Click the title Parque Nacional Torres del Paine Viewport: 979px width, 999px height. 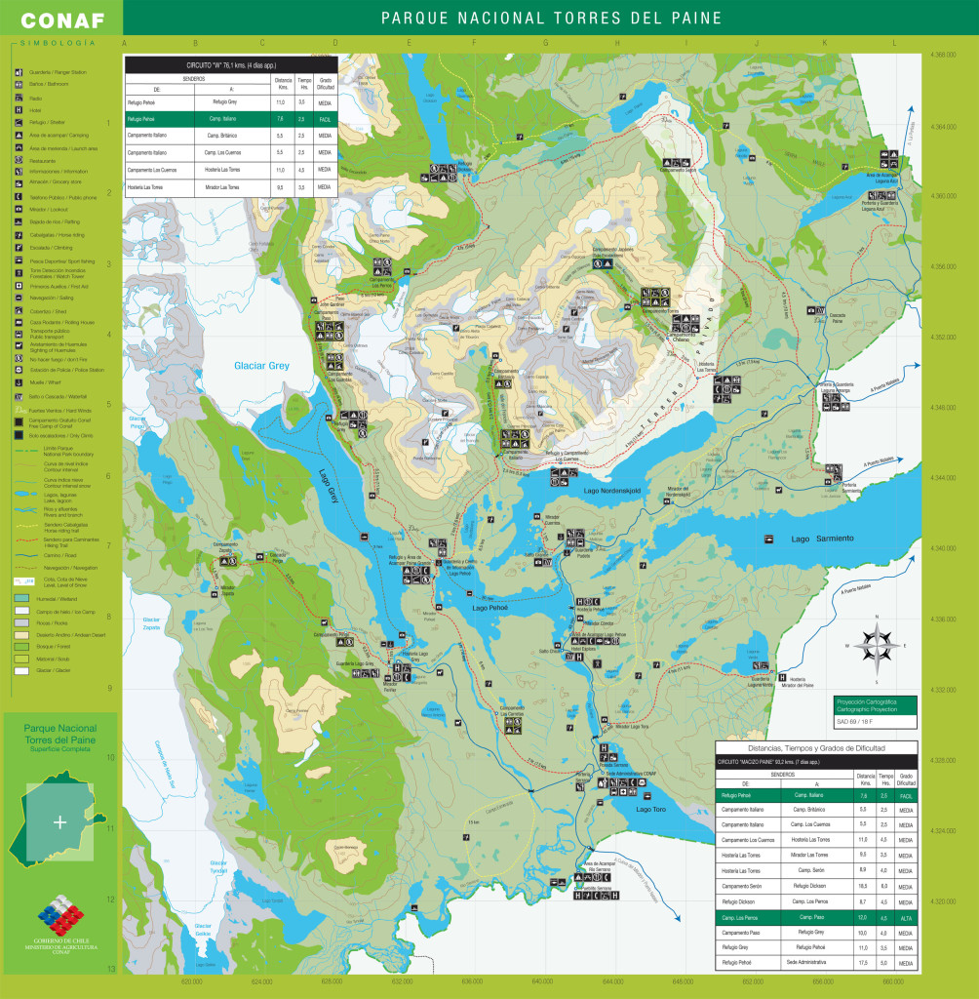click(551, 19)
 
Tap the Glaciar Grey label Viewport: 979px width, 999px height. click(261, 366)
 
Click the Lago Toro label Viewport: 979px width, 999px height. click(650, 809)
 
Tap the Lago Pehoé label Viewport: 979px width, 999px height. click(491, 608)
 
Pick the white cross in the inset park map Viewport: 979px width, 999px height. click(60, 821)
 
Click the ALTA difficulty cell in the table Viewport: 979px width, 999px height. click(905, 917)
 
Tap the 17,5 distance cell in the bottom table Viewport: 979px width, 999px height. click(864, 962)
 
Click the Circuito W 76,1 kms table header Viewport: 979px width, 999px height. click(231, 64)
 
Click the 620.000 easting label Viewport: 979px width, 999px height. click(191, 979)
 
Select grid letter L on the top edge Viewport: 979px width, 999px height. click(894, 44)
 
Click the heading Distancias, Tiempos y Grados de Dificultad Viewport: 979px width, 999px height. click(815, 747)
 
